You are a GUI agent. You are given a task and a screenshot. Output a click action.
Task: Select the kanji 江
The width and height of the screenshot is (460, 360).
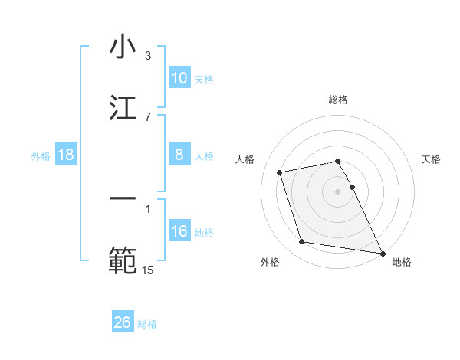(123, 108)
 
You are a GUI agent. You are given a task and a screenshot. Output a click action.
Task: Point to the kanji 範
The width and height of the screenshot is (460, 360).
(123, 260)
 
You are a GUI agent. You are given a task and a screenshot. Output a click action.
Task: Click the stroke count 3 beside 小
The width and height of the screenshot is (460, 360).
(148, 56)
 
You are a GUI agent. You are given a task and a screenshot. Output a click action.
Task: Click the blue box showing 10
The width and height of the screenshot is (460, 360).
(179, 77)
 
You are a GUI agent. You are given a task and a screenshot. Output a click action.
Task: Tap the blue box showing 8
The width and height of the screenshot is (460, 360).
(179, 154)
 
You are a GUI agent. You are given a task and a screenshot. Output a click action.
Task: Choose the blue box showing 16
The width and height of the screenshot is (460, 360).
(179, 231)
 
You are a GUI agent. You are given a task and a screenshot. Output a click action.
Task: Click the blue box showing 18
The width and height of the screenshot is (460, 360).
(66, 155)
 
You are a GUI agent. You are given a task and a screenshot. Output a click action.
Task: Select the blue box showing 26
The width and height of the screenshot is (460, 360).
(123, 322)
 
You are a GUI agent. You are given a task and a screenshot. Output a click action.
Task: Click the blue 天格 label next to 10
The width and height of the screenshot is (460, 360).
(204, 79)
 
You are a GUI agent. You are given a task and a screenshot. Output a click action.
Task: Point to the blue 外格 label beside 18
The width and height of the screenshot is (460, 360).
(41, 155)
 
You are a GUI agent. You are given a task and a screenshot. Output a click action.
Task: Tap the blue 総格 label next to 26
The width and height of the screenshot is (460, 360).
(147, 324)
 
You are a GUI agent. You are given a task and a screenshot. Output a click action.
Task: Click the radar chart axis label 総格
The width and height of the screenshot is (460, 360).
(338, 100)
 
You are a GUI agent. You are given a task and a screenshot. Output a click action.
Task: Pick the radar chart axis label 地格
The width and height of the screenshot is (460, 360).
(402, 262)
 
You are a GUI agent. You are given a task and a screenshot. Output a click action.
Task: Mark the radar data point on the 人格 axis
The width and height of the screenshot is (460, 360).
(280, 172)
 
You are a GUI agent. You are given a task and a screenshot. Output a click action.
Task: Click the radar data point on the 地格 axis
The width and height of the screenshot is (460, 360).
(382, 252)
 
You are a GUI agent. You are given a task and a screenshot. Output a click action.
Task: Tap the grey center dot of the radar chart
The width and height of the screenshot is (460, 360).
(338, 191)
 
